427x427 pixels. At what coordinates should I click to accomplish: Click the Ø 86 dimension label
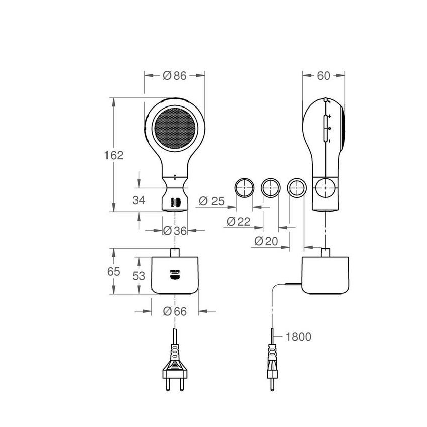[175, 76]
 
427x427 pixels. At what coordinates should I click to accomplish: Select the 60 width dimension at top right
[324, 76]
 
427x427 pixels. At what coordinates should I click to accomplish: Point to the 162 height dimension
[114, 155]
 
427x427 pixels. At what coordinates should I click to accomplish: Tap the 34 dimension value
[139, 200]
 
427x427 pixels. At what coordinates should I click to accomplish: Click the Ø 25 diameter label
[211, 201]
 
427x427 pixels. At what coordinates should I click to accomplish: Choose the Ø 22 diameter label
[238, 221]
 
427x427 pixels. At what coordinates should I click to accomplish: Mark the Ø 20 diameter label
[266, 241]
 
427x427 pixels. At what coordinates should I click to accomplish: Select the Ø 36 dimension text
[175, 231]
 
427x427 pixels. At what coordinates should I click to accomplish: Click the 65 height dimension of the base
[114, 271]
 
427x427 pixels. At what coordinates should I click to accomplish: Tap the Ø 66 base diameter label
[175, 312]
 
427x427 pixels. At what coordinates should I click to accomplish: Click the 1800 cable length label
[298, 337]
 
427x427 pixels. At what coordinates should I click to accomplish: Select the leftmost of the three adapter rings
[243, 187]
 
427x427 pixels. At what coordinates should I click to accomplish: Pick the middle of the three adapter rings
[270, 187]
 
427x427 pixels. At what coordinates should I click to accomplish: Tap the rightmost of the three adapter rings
[296, 187]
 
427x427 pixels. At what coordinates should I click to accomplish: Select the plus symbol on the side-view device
[330, 117]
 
